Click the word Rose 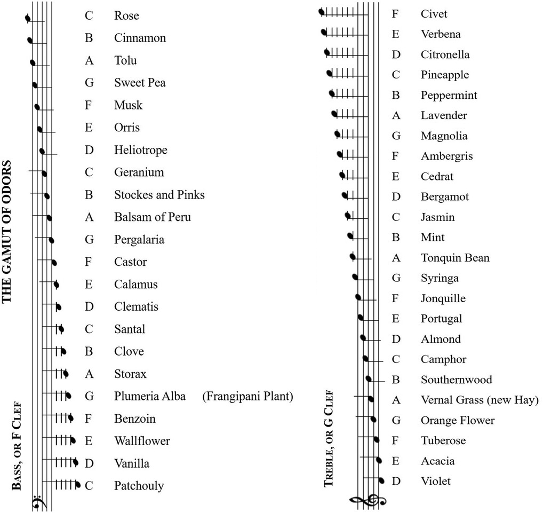click(126, 15)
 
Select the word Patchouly click(139, 485)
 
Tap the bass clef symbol click(37, 503)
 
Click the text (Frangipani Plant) click(248, 396)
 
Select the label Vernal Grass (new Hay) click(480, 400)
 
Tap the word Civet click(434, 14)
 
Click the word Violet click(435, 481)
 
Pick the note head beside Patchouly click(78, 485)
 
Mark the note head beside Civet click(321, 12)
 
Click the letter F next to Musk click(89, 105)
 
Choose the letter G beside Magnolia click(396, 136)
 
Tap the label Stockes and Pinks click(159, 195)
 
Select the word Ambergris click(446, 156)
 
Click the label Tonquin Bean click(454, 258)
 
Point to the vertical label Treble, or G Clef click(329, 438)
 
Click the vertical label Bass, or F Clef click(17, 446)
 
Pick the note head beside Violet click(381, 480)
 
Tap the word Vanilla click(132, 463)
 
